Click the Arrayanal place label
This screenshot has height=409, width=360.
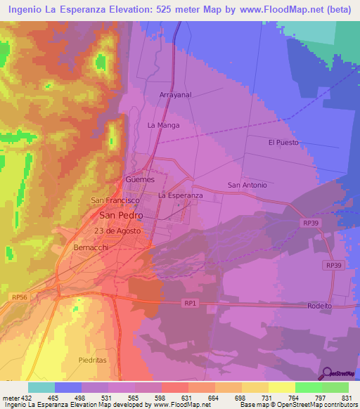(176, 94)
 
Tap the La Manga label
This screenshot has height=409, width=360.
(163, 125)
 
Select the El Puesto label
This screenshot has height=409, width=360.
(283, 142)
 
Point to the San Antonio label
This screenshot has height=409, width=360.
(247, 185)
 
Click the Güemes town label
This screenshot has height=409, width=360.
(139, 179)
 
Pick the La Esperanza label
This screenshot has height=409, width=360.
(181, 195)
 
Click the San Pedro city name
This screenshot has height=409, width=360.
(121, 215)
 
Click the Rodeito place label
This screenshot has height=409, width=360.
(319, 306)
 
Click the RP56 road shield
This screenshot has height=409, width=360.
(18, 297)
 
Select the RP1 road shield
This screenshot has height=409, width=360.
(188, 303)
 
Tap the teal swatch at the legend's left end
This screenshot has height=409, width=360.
(41, 387)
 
